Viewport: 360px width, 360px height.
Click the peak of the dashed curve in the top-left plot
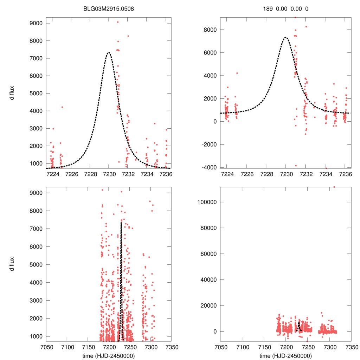coord(109,52)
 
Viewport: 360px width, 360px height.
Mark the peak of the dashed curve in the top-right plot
coord(286,37)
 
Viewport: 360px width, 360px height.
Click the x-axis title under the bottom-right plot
coord(285,355)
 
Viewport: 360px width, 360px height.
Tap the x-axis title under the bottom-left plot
coord(109,355)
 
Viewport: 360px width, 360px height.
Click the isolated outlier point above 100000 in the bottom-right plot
coord(334,187)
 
